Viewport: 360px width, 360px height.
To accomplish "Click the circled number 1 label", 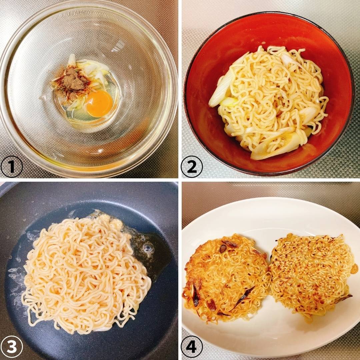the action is pos(11,167).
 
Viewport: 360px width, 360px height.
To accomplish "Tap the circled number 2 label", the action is pos(192,167).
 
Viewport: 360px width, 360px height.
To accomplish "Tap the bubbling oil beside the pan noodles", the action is pos(149,250).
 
